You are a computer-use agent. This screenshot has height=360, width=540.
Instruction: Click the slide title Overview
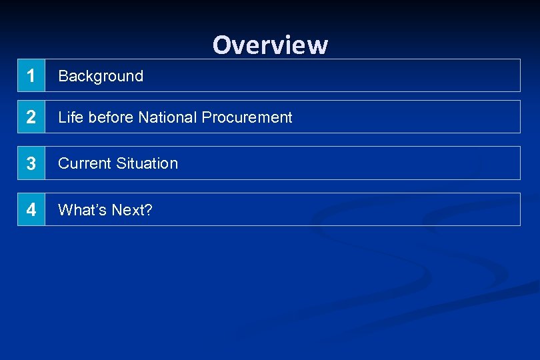coord(270,45)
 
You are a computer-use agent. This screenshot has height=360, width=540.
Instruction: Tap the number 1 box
coord(31,76)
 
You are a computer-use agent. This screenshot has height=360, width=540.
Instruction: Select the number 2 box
coord(31,117)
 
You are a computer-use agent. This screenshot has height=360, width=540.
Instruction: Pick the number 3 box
coord(31,163)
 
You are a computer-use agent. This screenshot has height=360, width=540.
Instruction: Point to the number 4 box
coord(31,210)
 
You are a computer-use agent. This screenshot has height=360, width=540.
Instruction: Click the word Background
coord(101,76)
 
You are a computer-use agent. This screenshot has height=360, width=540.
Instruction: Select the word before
coord(111,117)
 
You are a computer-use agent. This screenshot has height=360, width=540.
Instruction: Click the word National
coord(167,117)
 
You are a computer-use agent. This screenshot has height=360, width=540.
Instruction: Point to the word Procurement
coord(247,117)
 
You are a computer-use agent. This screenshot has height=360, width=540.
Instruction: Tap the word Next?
coord(132,210)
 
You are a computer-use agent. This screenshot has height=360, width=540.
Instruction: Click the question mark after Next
coord(149,210)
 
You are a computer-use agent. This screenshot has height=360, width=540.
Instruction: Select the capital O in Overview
coord(221,45)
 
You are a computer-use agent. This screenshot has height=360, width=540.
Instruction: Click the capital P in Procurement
coord(206,117)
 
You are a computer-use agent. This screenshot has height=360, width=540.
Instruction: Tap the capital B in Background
coord(63,76)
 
